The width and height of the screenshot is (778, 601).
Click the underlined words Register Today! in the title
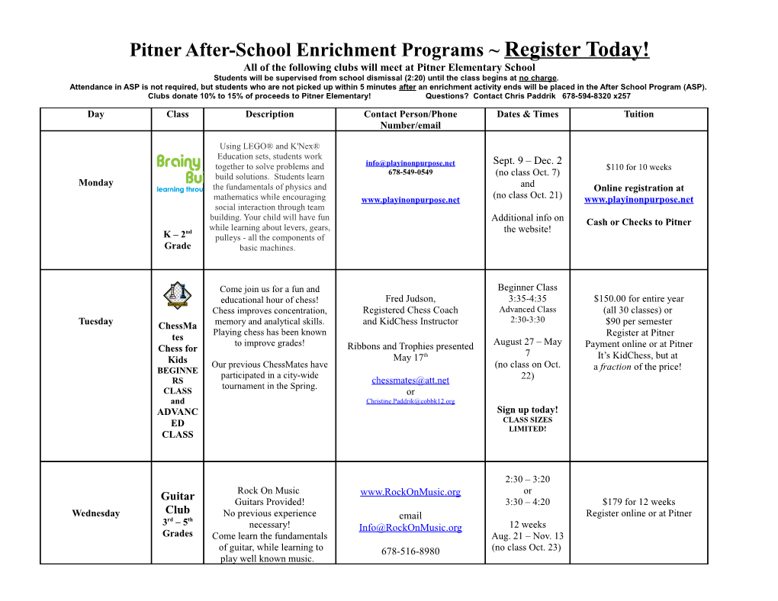pos(577,50)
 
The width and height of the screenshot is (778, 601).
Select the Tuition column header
pos(638,114)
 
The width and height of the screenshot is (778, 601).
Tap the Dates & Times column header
pos(527,114)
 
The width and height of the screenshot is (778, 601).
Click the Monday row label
pos(95,183)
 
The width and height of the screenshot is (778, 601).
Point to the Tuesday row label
pos(95,321)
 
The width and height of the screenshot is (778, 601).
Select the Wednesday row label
pos(95,513)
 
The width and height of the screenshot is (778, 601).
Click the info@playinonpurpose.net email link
pos(410,163)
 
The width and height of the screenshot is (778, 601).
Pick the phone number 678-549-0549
pos(410,172)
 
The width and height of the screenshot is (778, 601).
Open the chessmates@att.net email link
pos(410,381)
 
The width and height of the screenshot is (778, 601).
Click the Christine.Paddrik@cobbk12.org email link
pos(410,401)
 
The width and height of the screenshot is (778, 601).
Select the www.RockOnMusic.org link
pos(410,492)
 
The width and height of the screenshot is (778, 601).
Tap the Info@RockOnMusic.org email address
pos(410,528)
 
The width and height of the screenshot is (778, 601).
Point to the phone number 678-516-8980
pos(410,551)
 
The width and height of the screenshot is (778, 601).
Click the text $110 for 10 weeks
pos(638,168)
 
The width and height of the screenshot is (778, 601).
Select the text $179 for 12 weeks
pos(638,502)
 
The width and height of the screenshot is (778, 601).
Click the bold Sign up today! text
pos(527,410)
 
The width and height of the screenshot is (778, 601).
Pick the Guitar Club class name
pos(178,503)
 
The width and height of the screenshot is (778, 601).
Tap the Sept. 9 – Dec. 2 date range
pos(527,161)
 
